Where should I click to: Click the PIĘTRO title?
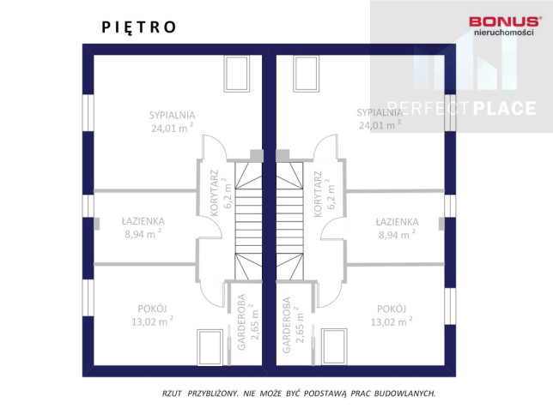(138, 27)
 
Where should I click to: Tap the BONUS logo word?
(504, 21)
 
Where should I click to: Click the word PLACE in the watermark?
(504, 108)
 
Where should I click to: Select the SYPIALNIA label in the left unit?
(172, 115)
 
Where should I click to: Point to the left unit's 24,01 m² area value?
(173, 128)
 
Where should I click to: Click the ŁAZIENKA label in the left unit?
(143, 221)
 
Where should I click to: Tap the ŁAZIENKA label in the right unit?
(397, 222)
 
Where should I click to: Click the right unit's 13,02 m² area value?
(392, 321)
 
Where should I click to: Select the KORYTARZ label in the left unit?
(215, 193)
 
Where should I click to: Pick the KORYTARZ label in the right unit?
(318, 194)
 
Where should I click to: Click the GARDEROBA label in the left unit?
(241, 322)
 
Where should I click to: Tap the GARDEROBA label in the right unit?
(287, 325)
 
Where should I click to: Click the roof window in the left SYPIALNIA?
(237, 74)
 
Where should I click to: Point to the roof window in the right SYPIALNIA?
(306, 74)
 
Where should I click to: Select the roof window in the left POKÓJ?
(210, 347)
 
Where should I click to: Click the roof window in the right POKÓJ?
(334, 346)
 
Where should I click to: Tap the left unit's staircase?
(249, 221)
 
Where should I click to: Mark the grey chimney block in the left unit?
(257, 156)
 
